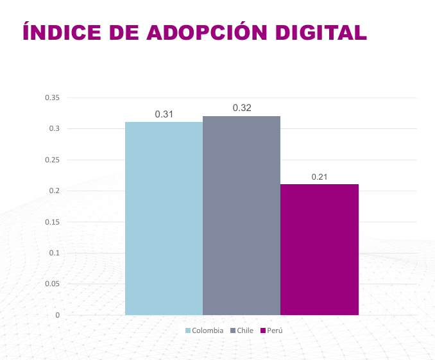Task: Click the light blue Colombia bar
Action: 164,218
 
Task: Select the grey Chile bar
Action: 241,215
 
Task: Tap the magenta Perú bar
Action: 319,250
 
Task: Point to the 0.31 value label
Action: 164,114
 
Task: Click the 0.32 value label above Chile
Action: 242,108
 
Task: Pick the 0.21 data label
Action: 320,176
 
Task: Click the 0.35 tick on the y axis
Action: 52,98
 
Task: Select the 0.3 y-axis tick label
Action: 54,128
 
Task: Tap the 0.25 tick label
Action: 52,160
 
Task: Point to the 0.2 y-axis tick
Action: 54,191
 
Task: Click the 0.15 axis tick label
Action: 52,222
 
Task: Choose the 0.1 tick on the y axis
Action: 54,253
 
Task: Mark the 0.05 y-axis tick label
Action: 52,284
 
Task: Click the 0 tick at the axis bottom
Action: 57,315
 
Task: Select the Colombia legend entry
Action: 207,330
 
